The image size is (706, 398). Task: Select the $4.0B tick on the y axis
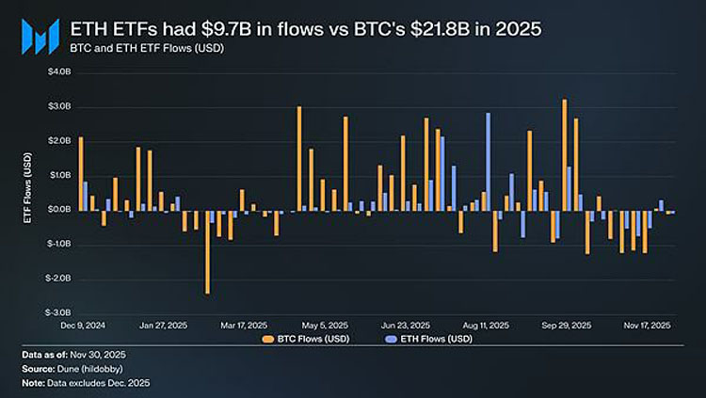pos(58,72)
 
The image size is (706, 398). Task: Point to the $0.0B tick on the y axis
pos(58,209)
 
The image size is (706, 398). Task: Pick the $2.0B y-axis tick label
pos(58,140)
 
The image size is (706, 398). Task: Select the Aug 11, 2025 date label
pos(487,325)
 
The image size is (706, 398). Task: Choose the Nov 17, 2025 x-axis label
pos(645,325)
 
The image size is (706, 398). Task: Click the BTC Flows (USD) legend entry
pos(309,338)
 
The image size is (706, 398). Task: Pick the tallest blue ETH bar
pos(488,161)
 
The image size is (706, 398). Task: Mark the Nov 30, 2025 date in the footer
pos(100,354)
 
